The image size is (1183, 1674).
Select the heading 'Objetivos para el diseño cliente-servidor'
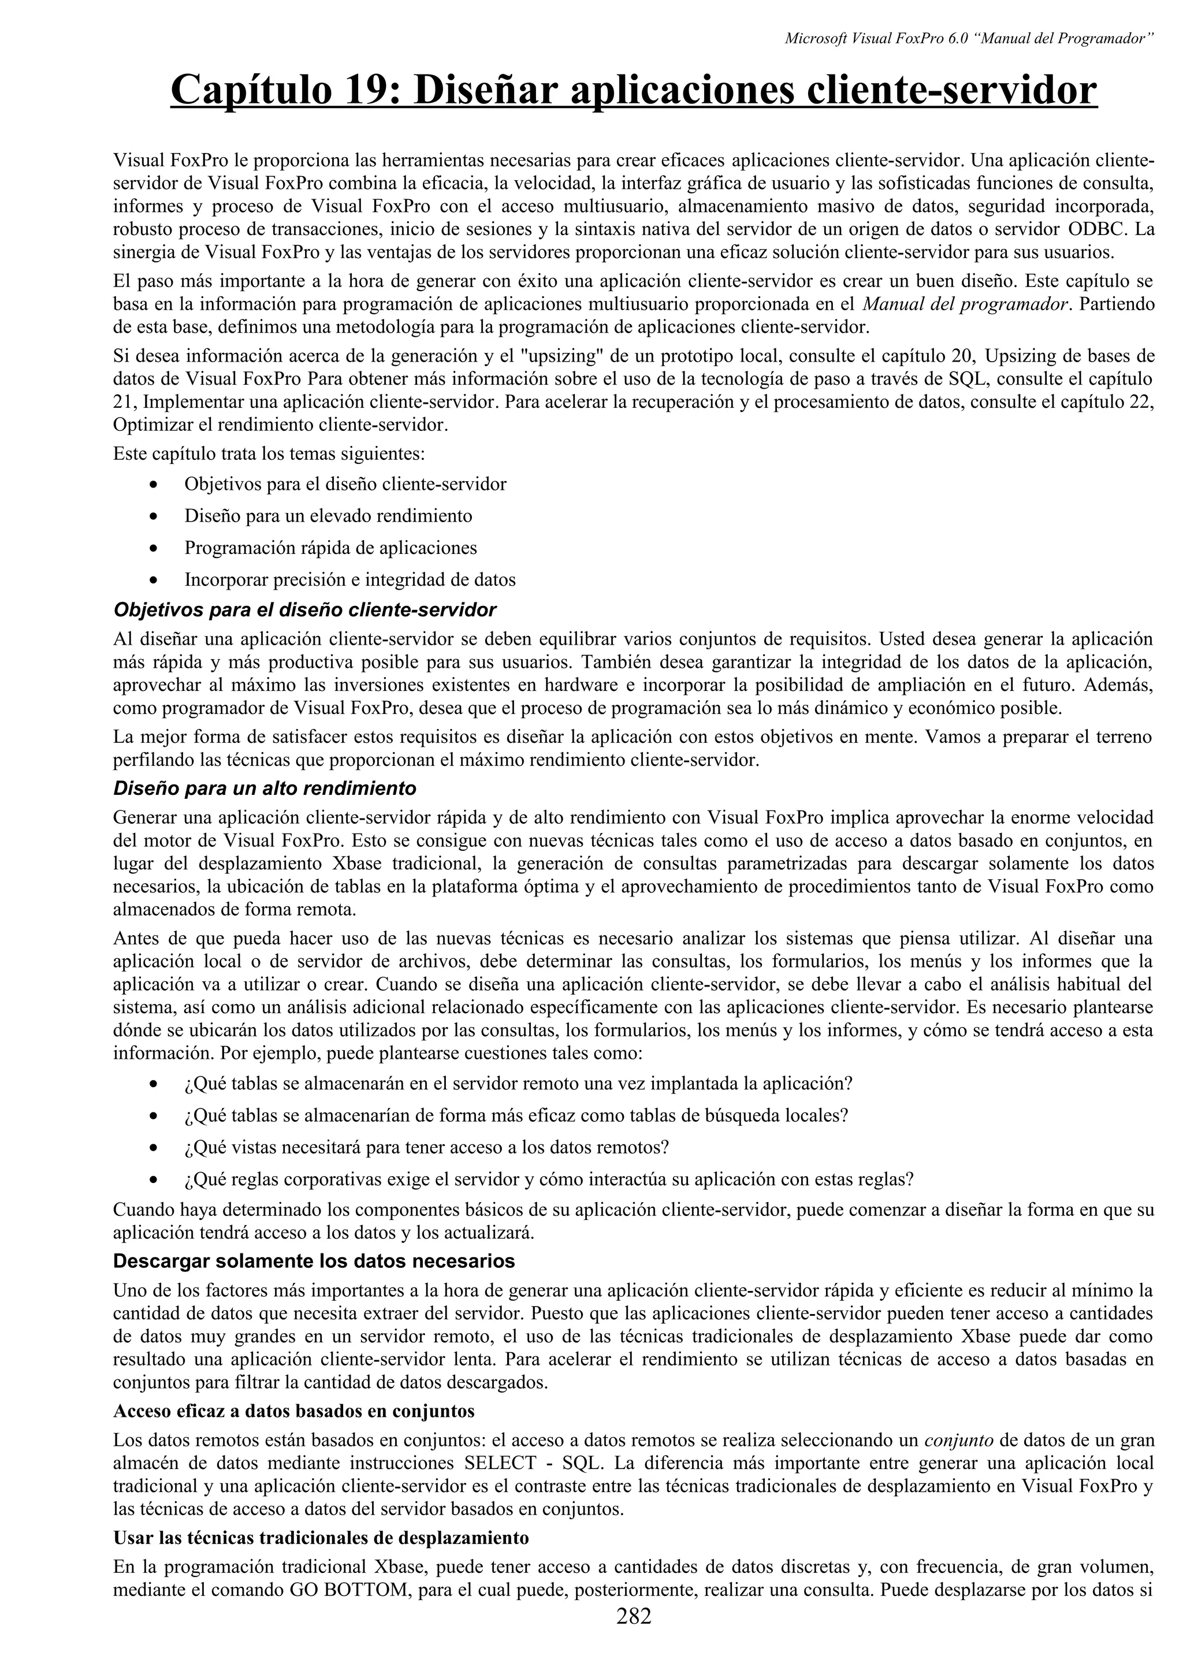pyautogui.click(x=304, y=609)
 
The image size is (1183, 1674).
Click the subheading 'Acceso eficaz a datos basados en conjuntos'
pyautogui.click(x=294, y=1411)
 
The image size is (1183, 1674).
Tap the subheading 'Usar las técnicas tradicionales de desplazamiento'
pyautogui.click(x=321, y=1538)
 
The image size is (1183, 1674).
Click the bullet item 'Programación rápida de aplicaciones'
pyautogui.click(x=330, y=548)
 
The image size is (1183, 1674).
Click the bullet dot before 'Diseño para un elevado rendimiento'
pyautogui.click(x=152, y=517)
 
